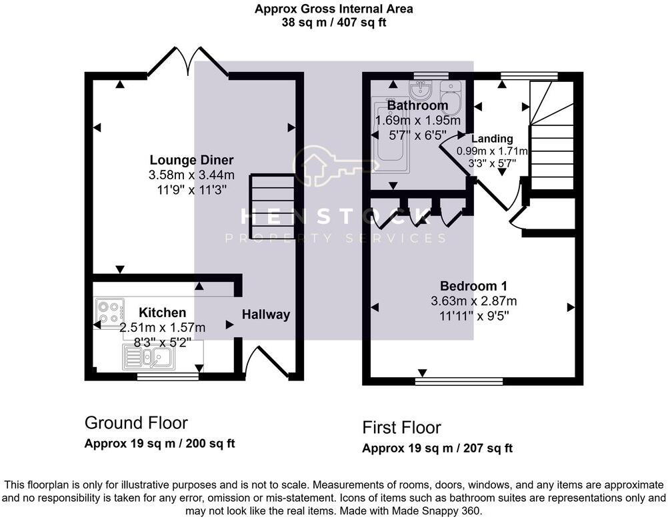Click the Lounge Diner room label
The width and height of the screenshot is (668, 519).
[191, 160]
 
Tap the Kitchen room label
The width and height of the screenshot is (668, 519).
[162, 312]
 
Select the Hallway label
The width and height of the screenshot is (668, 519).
[266, 314]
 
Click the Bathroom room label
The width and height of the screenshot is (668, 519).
[417, 106]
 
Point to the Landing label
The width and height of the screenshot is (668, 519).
[492, 139]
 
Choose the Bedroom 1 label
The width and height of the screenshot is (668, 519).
[473, 286]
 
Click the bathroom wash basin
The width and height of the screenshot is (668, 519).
[421, 89]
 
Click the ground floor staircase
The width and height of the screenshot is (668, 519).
[272, 207]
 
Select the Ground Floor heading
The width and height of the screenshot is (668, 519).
[136, 422]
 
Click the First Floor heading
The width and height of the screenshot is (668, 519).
[401, 427]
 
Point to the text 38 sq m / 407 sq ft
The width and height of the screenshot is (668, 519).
[334, 22]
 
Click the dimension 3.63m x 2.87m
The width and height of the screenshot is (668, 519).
[473, 301]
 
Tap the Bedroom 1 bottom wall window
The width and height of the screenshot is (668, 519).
[459, 382]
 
